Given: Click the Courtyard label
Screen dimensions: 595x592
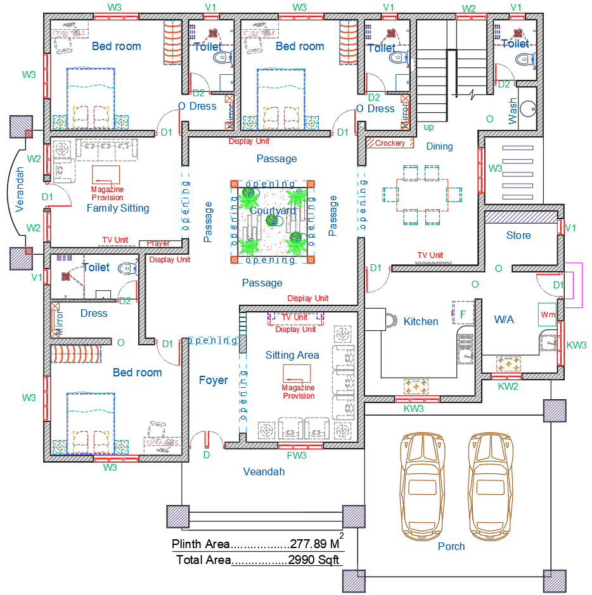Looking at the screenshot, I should point(273,210).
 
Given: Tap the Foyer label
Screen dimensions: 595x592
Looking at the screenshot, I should point(213,380).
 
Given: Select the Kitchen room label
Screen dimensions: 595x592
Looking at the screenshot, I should point(421,321).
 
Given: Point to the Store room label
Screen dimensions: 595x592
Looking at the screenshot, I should point(518,235).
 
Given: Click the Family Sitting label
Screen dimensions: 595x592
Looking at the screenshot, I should point(118,208).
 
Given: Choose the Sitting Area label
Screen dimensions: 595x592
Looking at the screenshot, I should point(292,355).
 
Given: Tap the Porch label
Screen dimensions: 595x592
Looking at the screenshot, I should point(451,546).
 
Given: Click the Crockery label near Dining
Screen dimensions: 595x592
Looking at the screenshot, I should point(390,143).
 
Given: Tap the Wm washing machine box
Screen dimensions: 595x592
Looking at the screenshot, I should point(547,314).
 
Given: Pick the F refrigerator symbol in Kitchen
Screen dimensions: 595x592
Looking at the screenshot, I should point(463,314).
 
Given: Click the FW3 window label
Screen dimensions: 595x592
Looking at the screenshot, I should point(297,455).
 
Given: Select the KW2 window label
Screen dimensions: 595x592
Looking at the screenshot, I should point(508,386).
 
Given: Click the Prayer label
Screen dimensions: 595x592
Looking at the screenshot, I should point(158,243).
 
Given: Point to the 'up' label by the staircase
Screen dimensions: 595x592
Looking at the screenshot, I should point(429,127).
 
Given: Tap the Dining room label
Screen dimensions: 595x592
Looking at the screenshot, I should point(439,146).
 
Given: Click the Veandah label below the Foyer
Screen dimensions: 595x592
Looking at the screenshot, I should point(264,471).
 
